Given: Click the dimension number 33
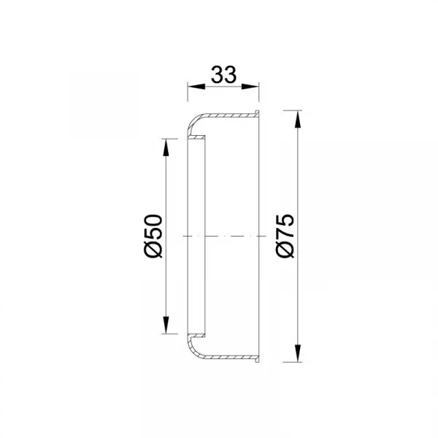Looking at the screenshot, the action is tap(223, 74).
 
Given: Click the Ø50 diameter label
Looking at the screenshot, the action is tap(153, 237).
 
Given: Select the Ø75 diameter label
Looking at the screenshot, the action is tap(285, 237).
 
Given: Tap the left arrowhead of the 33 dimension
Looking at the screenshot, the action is tap(196, 87).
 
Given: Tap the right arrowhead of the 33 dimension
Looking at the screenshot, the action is tap(250, 87).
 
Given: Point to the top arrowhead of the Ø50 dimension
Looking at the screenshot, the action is tap(166, 147).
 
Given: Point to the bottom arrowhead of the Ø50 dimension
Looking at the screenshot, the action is tap(166, 325).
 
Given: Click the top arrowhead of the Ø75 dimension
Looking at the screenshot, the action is tap(298, 119).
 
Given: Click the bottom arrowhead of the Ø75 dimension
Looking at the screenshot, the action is tap(298, 353).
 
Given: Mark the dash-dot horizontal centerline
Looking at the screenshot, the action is tap(224, 237).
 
